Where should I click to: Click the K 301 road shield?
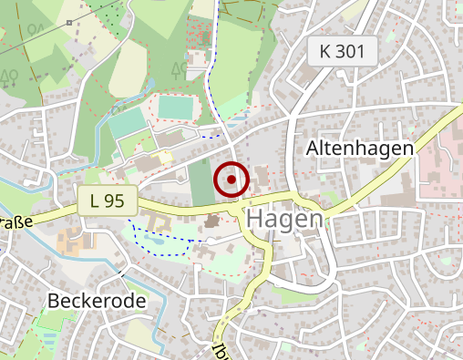(343, 52)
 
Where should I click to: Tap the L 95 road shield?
(106, 200)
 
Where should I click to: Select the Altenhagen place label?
(360, 148)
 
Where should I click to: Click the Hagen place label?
(284, 220)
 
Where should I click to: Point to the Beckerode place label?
(97, 300)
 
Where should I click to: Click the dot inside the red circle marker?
(231, 180)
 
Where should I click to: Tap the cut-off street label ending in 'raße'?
(15, 221)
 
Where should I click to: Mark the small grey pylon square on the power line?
(69, 21)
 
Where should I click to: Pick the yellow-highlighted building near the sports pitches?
(165, 157)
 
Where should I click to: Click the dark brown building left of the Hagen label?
(213, 221)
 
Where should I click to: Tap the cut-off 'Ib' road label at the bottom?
(220, 351)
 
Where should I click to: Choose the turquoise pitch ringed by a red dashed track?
(175, 106)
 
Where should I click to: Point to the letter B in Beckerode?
(55, 300)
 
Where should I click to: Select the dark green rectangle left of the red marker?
(201, 181)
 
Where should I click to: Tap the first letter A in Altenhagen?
(314, 148)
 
